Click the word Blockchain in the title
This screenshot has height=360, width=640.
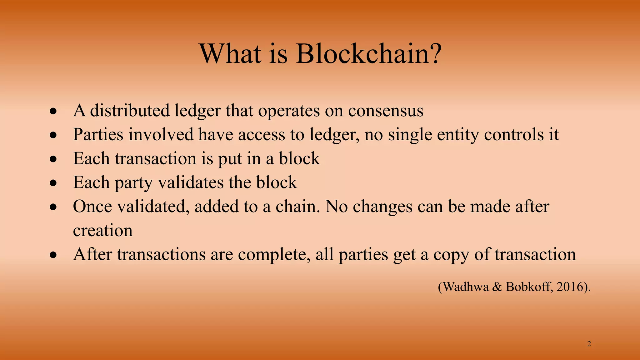368,53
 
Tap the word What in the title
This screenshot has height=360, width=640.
230,53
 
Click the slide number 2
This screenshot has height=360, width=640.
589,344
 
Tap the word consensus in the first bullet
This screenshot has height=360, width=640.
386,111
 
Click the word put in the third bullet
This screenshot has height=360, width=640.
230,159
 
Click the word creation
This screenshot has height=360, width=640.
103,231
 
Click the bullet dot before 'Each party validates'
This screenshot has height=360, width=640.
54,183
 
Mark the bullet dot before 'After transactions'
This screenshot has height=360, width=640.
54,255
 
